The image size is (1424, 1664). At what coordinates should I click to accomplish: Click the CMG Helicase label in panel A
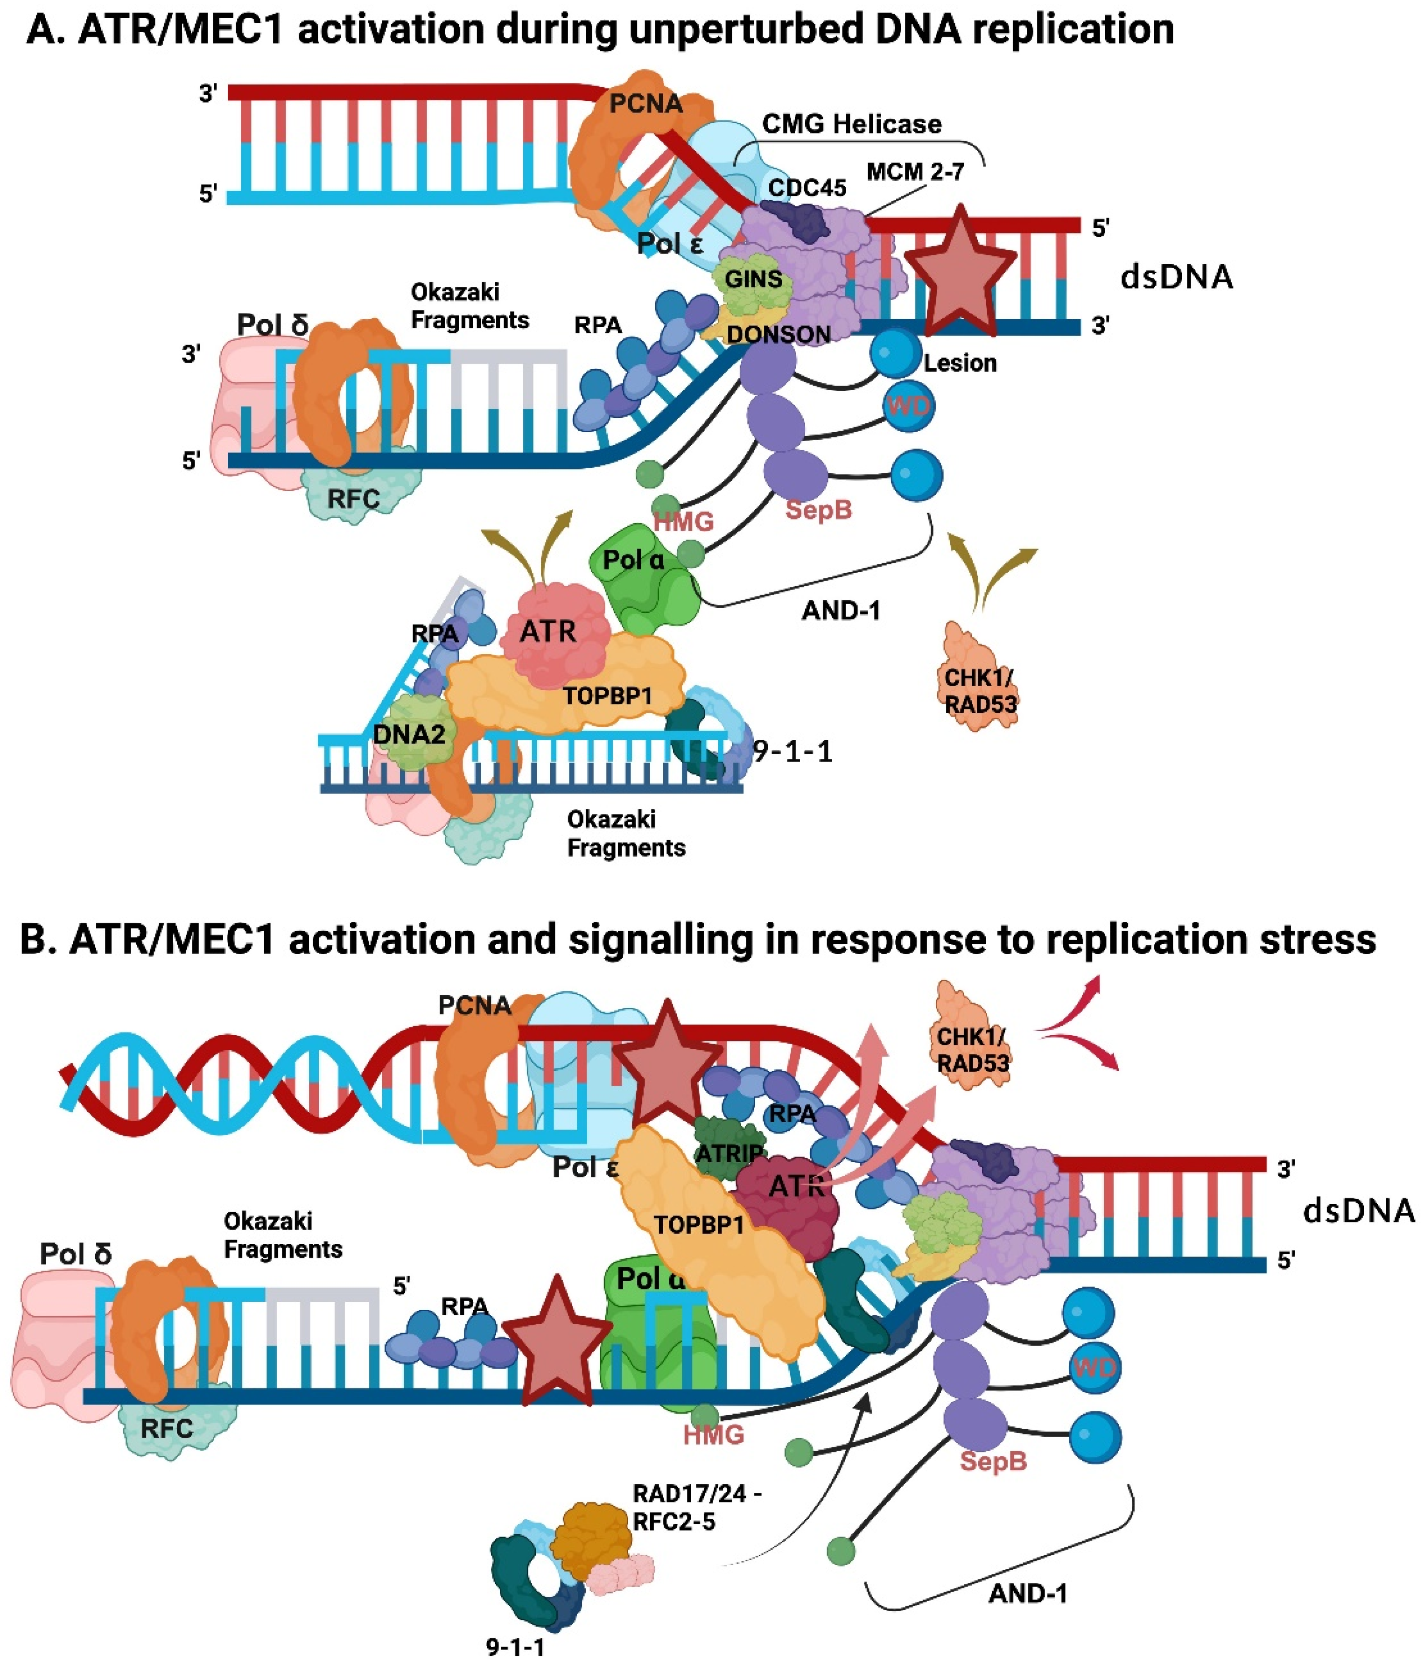coord(851,125)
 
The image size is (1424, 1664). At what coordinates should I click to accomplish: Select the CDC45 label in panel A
coord(807,188)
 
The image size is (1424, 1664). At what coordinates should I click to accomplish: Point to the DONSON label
coord(778,334)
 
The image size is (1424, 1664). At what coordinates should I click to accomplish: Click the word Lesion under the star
coord(960,363)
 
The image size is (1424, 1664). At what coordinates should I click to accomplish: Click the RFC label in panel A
coord(353,498)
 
